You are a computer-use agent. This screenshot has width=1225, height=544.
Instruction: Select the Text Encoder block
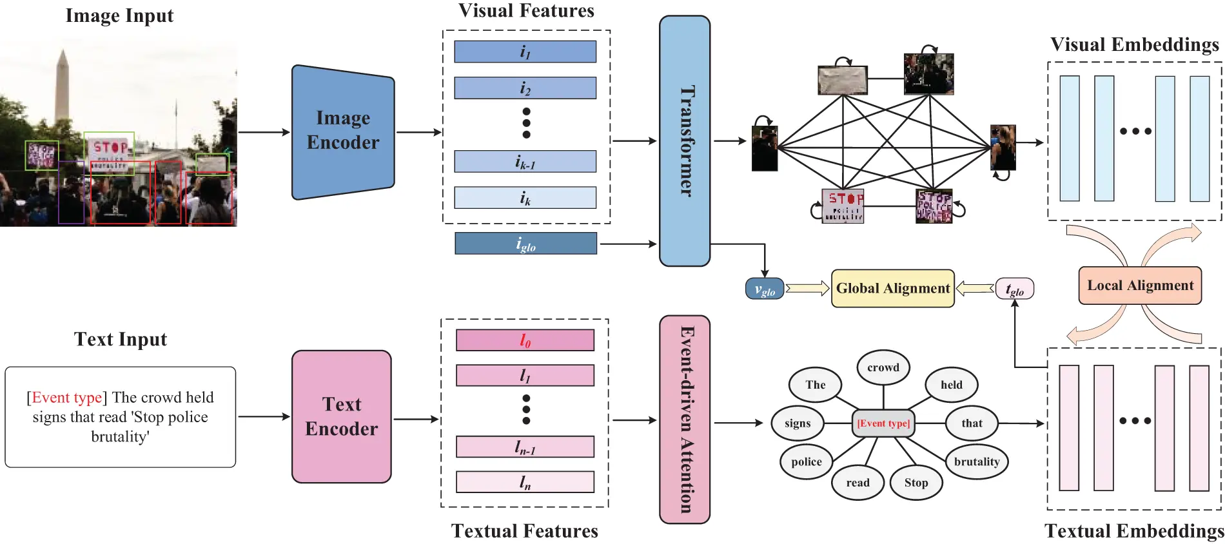tap(341, 416)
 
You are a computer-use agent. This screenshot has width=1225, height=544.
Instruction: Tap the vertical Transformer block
tap(684, 141)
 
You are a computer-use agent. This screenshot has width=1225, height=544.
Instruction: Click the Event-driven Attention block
tap(684, 419)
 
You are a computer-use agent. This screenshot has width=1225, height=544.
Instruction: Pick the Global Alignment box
tap(892, 288)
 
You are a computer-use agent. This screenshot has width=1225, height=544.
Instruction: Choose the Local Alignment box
tap(1139, 286)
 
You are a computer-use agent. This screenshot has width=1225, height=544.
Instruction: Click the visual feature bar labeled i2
tap(525, 88)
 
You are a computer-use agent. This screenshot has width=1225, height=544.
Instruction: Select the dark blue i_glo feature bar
tap(525, 244)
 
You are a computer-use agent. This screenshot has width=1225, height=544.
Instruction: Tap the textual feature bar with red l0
tap(525, 340)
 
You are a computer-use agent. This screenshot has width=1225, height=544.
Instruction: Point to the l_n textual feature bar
tap(525, 482)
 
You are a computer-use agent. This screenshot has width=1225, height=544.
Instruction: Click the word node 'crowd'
tap(883, 367)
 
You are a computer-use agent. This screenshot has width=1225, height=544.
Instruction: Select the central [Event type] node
tap(883, 423)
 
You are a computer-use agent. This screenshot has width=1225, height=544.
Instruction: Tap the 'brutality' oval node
tap(976, 461)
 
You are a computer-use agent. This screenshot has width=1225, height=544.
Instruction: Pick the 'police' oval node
tap(806, 461)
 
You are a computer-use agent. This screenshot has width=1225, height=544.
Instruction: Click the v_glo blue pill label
tap(765, 289)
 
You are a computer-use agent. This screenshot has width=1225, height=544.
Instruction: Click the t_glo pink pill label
tap(1014, 289)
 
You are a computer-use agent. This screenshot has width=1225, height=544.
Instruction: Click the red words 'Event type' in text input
tap(66, 398)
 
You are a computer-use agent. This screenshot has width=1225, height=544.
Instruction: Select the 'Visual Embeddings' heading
tap(1134, 44)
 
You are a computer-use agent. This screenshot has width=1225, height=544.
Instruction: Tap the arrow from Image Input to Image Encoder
tap(264, 132)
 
